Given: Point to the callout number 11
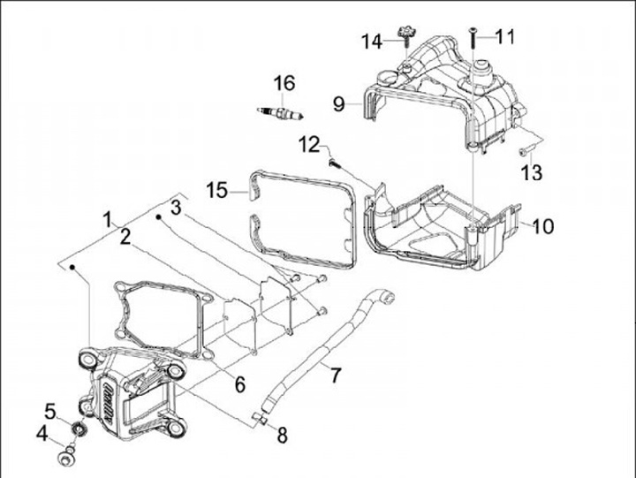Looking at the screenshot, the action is point(504,36).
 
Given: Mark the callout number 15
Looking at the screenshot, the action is point(217,189).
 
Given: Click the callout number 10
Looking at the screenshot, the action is point(542,226).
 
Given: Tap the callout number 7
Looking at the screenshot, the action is point(335,375).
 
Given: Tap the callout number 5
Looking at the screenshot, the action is point(51,410).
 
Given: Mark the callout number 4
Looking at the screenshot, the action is point(42,433).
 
